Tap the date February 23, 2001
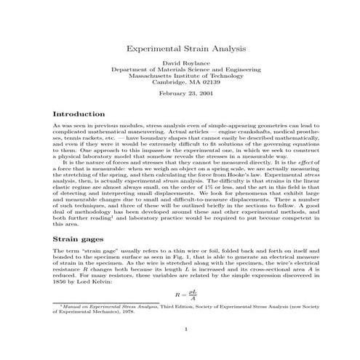(x=180, y=95)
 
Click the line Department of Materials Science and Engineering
(x=180, y=70)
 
